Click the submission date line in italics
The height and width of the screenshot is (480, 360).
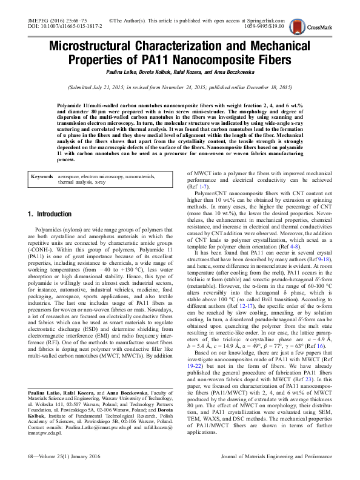click(x=179, y=87)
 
